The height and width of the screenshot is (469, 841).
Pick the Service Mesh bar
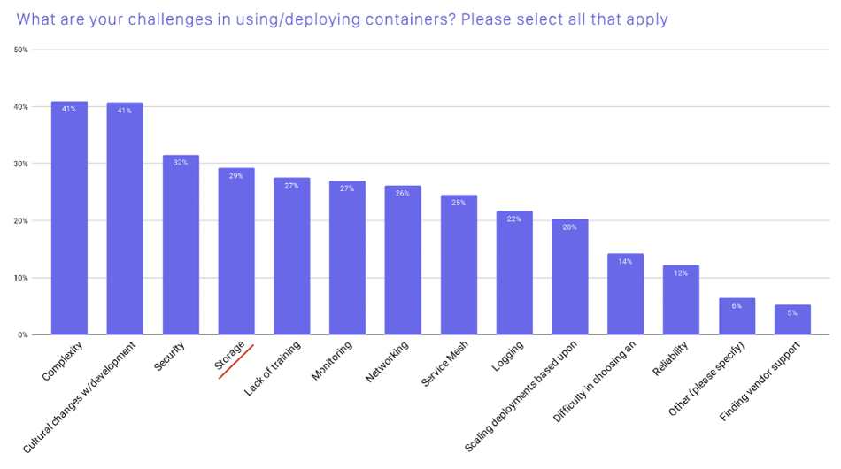pos(459,265)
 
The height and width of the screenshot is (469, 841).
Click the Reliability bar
pos(681,300)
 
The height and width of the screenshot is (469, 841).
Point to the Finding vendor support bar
pos(792,319)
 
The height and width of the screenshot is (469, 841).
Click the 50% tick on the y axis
pos(21,50)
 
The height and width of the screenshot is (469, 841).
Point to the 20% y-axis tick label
pos(21,220)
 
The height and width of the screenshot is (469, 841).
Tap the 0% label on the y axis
pos(23,334)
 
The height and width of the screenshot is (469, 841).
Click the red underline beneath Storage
pos(235,361)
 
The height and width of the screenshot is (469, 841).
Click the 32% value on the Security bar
pos(181,163)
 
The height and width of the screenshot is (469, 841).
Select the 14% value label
pos(625,262)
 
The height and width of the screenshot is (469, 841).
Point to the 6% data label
pos(737,305)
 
